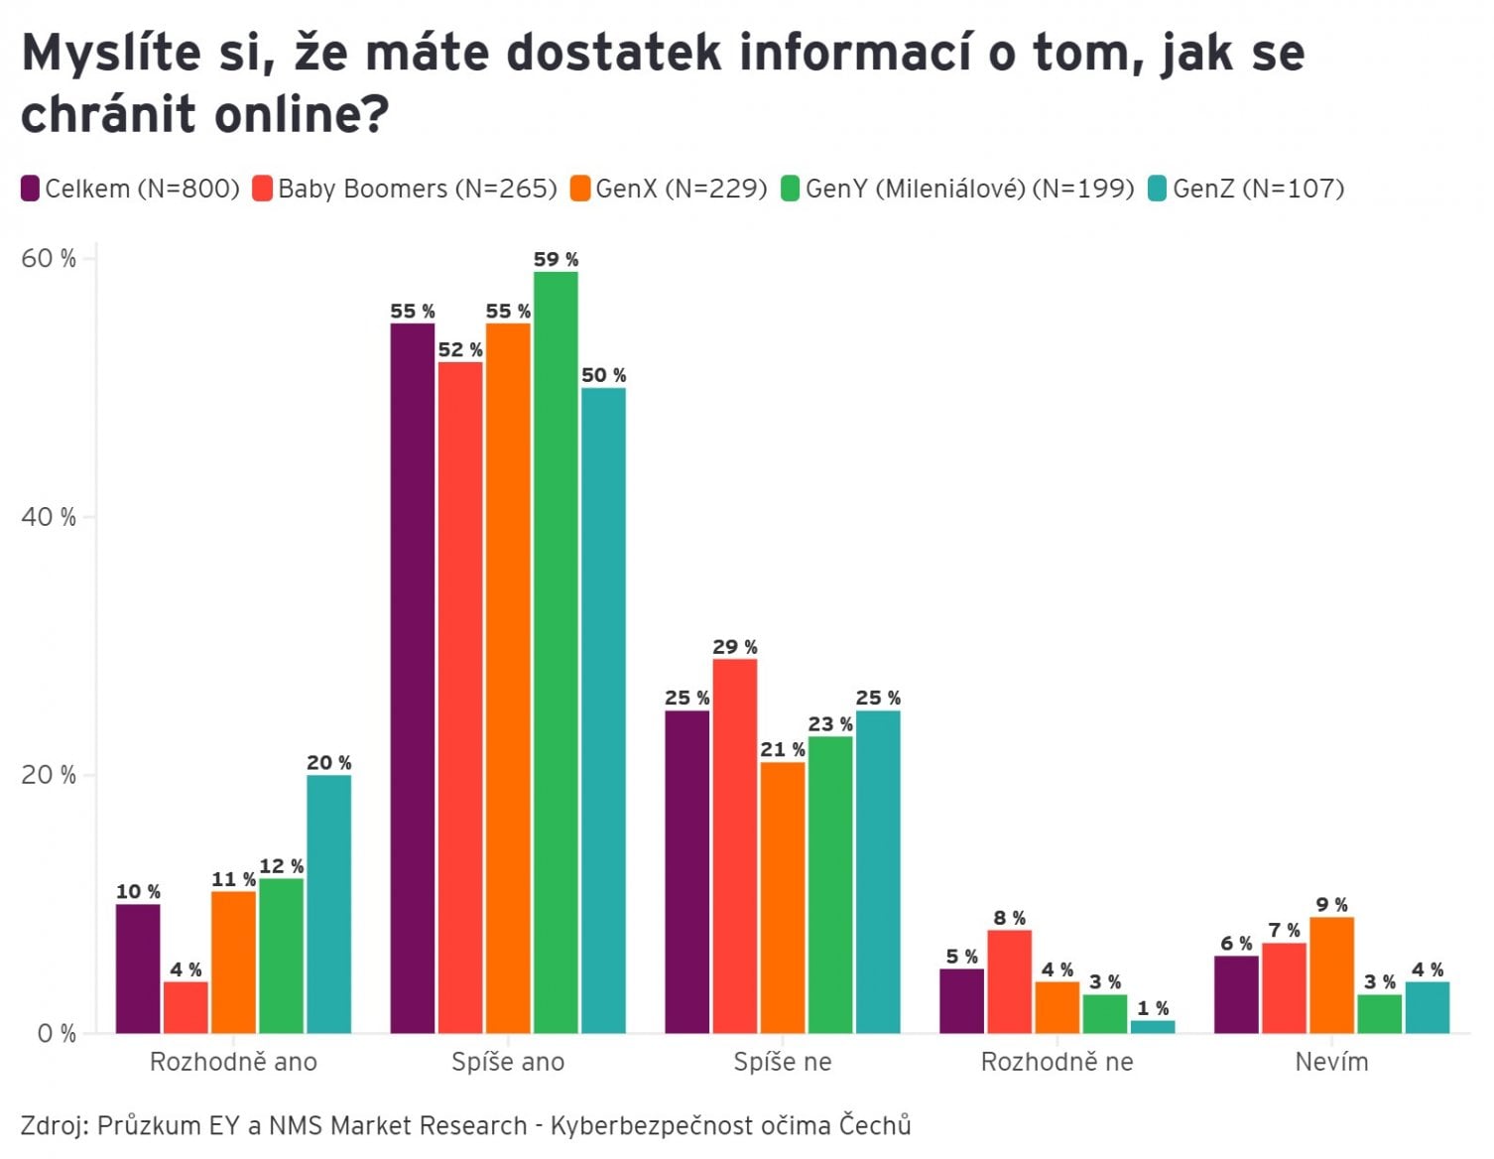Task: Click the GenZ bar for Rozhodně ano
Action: point(328,903)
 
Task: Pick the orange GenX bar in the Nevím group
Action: point(1331,974)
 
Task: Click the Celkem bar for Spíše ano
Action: point(412,678)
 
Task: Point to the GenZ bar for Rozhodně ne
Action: point(1153,1027)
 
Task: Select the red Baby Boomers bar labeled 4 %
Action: point(186,1007)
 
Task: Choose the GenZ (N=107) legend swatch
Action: point(1157,189)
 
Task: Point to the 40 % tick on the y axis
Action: point(48,517)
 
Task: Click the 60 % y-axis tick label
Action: point(48,259)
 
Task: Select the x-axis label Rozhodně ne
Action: point(1057,1062)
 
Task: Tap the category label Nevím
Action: point(1331,1062)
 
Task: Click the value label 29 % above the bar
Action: point(734,647)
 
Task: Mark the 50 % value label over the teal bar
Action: point(603,375)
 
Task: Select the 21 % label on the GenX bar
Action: point(783,750)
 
